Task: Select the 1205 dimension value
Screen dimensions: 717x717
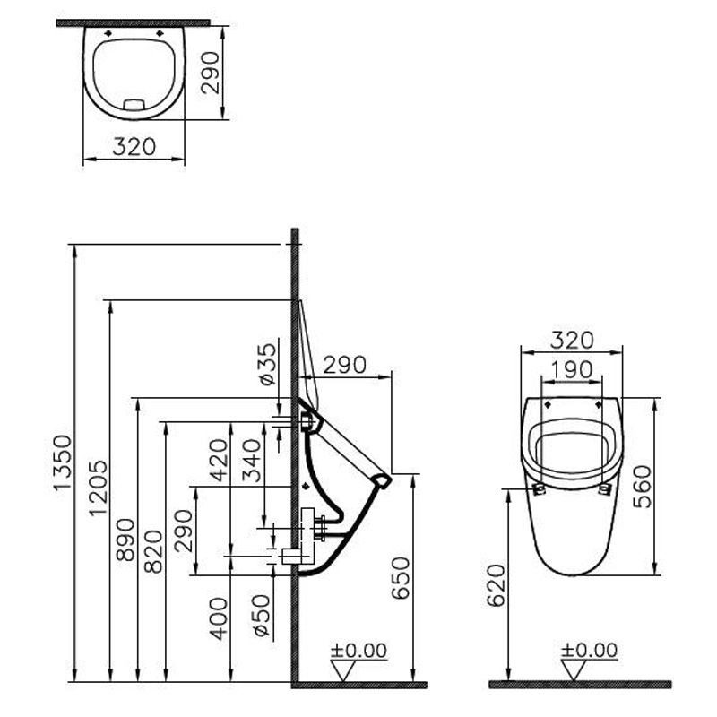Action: point(98,488)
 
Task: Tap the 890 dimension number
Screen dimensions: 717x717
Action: point(125,540)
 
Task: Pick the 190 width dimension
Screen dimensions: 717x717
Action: point(571,368)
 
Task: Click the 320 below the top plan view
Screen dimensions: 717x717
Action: point(134,146)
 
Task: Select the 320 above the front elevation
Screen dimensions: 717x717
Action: point(571,340)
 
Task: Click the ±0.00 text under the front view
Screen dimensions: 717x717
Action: point(588,650)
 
